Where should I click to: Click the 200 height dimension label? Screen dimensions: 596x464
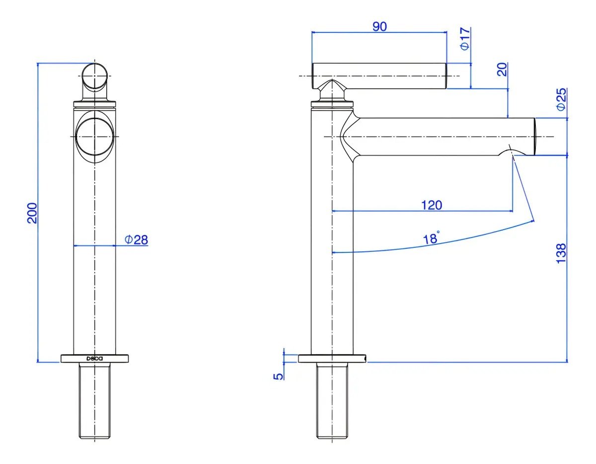tap(32, 213)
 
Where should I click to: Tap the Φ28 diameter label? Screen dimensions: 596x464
tap(136, 239)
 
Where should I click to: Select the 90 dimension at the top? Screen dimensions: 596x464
tap(379, 26)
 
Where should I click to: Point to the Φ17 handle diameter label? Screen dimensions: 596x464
tap(465, 39)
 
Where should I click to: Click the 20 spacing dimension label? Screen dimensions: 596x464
tap(502, 70)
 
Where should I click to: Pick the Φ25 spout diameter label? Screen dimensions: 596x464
tap(561, 99)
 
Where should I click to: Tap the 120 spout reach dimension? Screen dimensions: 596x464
tap(432, 205)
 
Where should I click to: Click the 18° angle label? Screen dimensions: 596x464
tap(431, 237)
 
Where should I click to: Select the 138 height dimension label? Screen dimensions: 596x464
tap(561, 253)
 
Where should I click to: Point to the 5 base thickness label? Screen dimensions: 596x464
tap(278, 377)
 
